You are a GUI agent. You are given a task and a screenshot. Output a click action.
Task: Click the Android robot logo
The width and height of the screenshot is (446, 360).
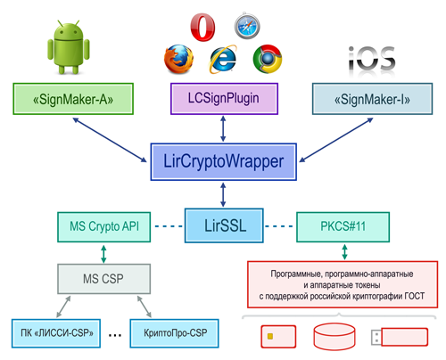pyautogui.click(x=69, y=47)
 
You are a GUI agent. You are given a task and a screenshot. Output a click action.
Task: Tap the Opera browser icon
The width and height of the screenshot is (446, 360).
pyautogui.click(x=202, y=27)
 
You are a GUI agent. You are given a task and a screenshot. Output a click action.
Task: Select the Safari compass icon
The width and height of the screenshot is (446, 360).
pyautogui.click(x=247, y=26)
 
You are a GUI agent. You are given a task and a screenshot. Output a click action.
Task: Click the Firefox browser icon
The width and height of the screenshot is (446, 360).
pyautogui.click(x=178, y=59)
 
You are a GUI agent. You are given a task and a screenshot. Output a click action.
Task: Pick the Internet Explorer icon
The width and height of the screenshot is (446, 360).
pyautogui.click(x=223, y=59)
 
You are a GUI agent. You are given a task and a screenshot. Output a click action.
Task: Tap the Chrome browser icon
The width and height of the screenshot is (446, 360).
pyautogui.click(x=268, y=59)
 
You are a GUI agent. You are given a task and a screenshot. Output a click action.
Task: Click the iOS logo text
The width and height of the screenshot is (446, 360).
pyautogui.click(x=372, y=59)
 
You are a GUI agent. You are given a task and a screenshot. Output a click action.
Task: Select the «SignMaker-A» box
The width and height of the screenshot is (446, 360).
pyautogui.click(x=73, y=99)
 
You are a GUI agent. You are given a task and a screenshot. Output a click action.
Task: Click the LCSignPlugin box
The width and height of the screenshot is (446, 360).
pyautogui.click(x=224, y=99)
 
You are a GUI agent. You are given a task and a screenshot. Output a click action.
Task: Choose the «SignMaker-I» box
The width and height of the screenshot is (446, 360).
pyautogui.click(x=372, y=99)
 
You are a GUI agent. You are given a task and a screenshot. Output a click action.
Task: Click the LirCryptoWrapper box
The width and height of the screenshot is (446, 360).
pyautogui.click(x=224, y=162)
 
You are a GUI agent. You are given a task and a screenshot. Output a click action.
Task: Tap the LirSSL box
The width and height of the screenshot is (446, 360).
pyautogui.click(x=224, y=225)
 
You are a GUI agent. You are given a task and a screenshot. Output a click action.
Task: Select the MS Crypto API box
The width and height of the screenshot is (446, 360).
pyautogui.click(x=104, y=227)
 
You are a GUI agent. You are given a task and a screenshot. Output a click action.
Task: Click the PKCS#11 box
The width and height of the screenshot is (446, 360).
pyautogui.click(x=343, y=227)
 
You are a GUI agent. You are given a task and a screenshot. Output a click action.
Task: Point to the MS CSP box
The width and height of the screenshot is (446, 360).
pyautogui.click(x=103, y=279)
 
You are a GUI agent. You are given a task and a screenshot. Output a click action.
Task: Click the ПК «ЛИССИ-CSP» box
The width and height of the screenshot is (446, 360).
pyautogui.click(x=56, y=333)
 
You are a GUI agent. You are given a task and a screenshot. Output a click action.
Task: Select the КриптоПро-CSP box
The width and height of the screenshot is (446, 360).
pyautogui.click(x=174, y=333)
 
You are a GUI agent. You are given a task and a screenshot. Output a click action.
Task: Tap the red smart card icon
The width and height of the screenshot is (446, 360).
pyautogui.click(x=278, y=337)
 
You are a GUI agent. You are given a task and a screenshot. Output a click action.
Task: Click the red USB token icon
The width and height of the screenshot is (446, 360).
pyautogui.click(x=400, y=337)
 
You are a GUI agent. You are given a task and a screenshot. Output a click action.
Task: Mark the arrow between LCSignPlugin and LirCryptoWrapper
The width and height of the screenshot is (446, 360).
pyautogui.click(x=223, y=128)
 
